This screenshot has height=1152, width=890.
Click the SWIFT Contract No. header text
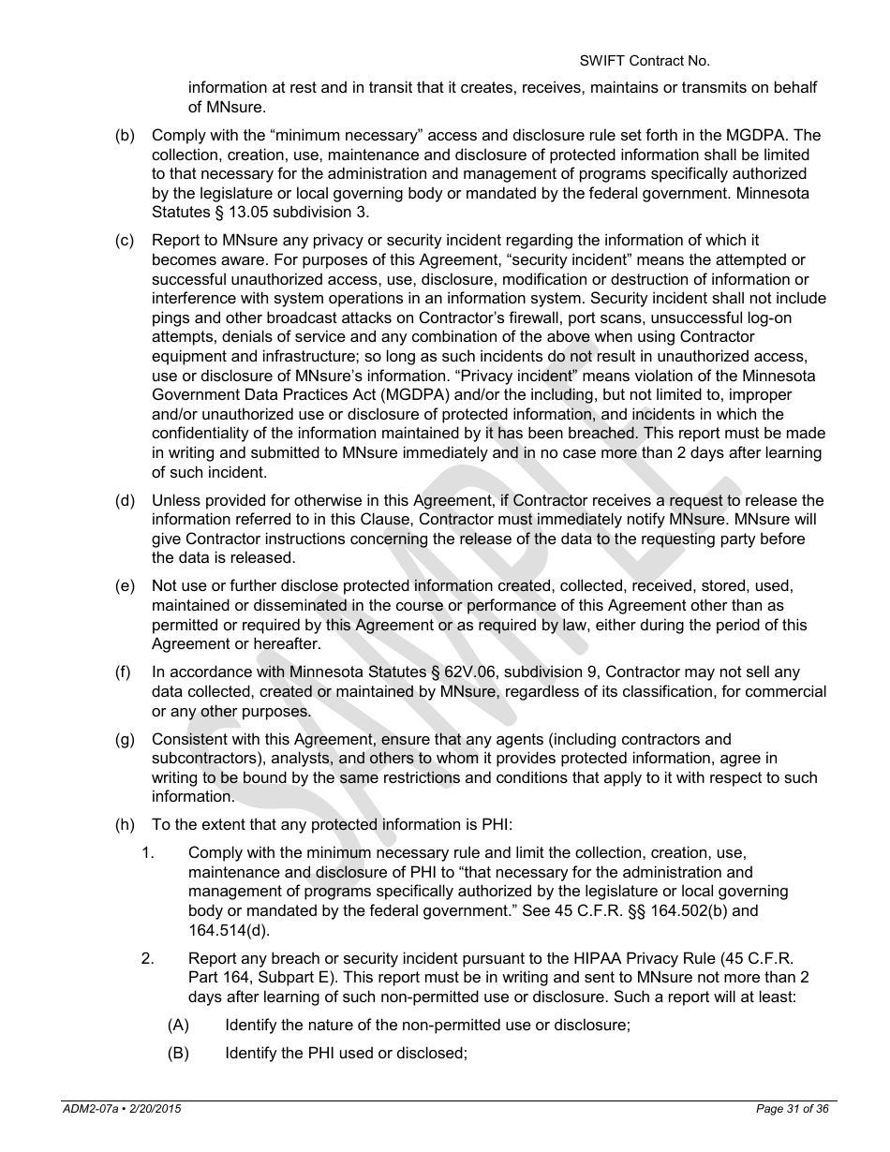(644, 61)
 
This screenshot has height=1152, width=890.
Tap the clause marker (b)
(124, 136)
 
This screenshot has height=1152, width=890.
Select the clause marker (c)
(124, 241)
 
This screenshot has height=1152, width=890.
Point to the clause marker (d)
(124, 500)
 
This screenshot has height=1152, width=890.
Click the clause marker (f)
(124, 672)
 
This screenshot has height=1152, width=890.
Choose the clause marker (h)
(124, 824)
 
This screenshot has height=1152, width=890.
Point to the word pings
(171, 318)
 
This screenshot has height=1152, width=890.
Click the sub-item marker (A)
(178, 1025)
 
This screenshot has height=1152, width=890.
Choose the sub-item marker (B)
(178, 1053)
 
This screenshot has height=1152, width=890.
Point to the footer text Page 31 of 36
(792, 1109)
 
